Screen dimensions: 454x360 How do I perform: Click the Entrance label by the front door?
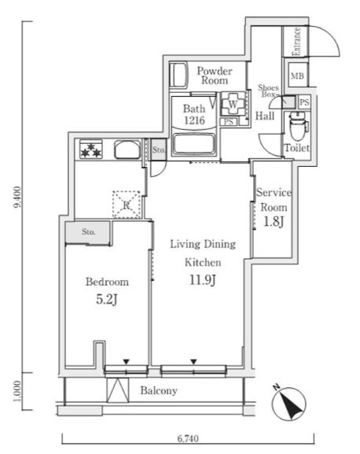297,42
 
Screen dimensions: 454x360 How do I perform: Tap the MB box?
297,77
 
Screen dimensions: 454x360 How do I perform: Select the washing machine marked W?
233,102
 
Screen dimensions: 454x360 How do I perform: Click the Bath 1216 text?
194,115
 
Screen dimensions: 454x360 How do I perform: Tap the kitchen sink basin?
126,150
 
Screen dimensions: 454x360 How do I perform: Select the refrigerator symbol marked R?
125,205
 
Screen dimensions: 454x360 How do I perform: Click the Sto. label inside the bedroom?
87,232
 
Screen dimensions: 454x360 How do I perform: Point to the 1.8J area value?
274,222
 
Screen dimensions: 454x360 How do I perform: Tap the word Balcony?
159,390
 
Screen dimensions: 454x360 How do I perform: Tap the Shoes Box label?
269,90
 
